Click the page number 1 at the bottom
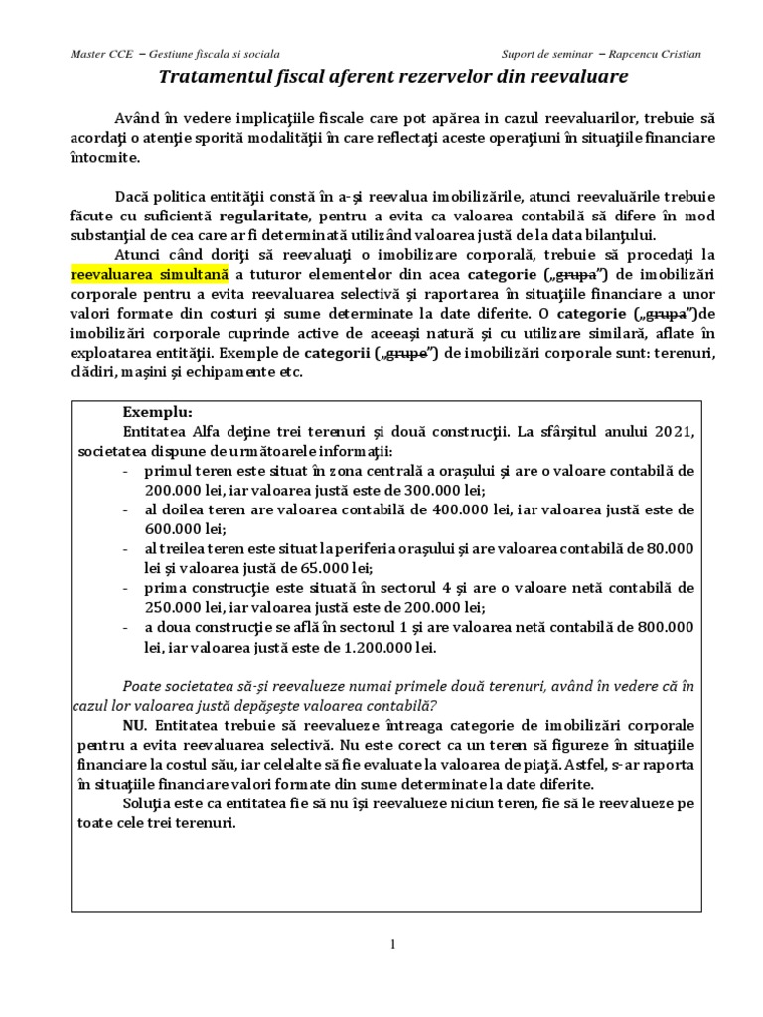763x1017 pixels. coord(393,944)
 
